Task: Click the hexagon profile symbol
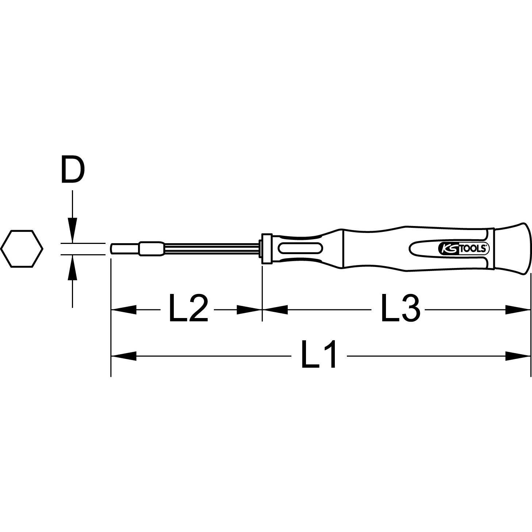22,248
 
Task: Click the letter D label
72,170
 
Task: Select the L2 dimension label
188,309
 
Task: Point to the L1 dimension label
318,355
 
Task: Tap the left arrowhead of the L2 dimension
123,310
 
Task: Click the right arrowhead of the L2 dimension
249,310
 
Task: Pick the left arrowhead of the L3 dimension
275,310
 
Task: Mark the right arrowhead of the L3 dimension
518,310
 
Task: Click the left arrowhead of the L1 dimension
123,355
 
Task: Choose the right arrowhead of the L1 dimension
518,355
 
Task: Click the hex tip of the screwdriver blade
124,249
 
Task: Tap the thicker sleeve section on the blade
152,249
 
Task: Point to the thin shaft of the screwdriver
212,249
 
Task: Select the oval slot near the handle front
300,249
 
